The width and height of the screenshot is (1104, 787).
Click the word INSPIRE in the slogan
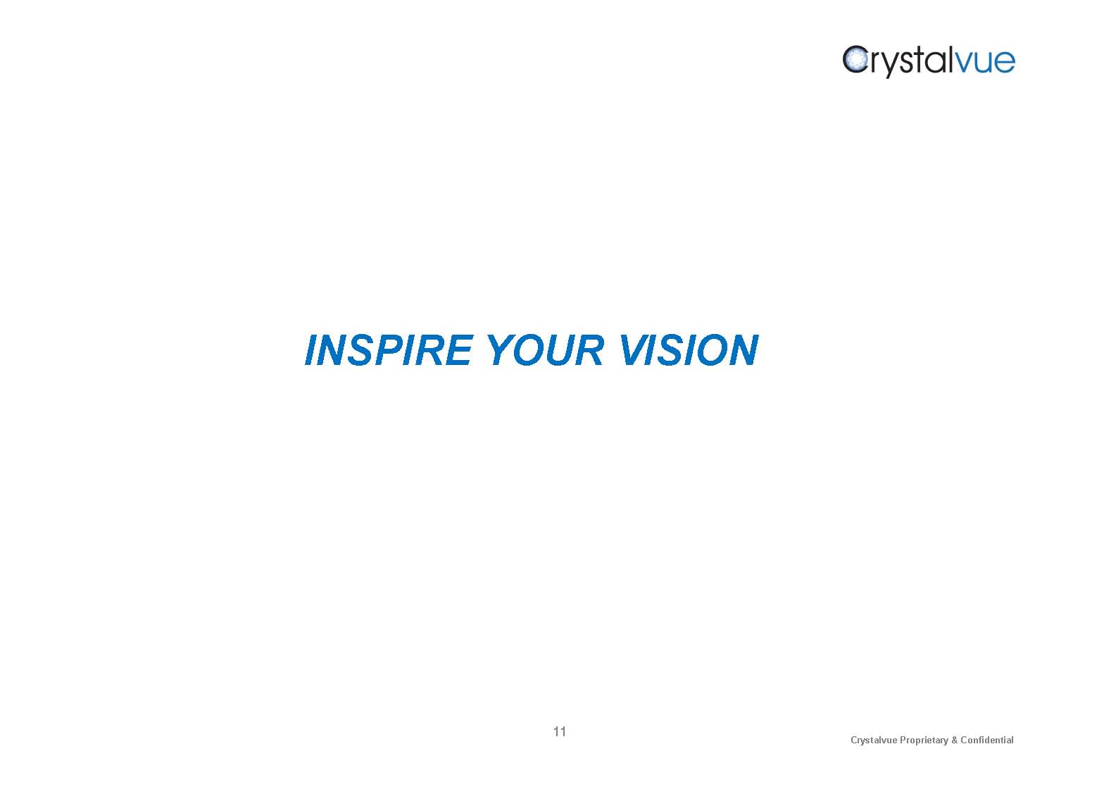pos(389,350)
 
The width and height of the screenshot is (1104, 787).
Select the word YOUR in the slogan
pos(546,350)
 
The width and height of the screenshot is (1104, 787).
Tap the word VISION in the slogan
pos(689,350)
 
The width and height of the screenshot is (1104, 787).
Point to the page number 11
pos(560,731)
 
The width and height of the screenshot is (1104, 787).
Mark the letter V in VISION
pos(634,350)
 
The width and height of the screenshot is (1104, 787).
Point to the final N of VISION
pos(743,350)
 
